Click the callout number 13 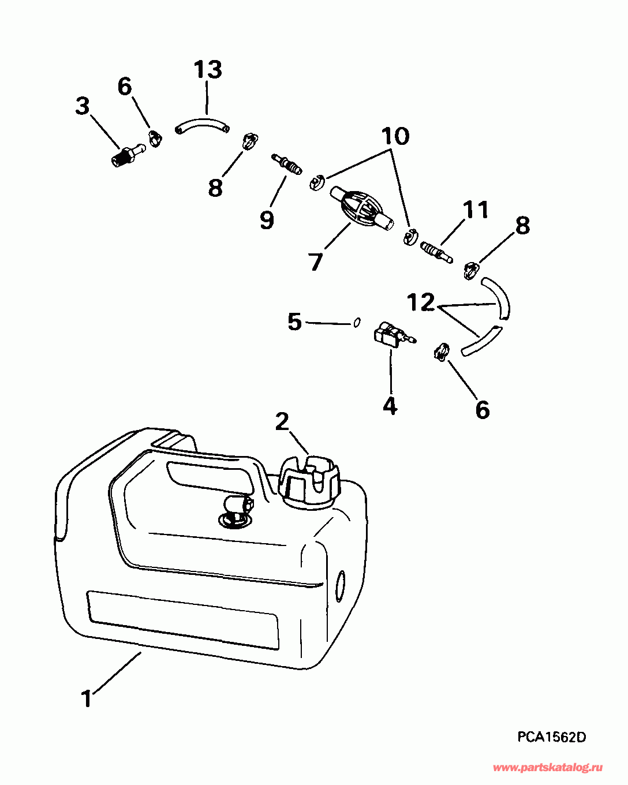pyautogui.click(x=207, y=70)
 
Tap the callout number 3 pyautogui.click(x=83, y=106)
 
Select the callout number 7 pyautogui.click(x=315, y=262)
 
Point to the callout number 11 pyautogui.click(x=476, y=210)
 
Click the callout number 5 pyautogui.click(x=295, y=322)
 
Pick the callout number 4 pyautogui.click(x=390, y=406)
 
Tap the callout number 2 pyautogui.click(x=282, y=422)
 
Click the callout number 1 pyautogui.click(x=87, y=699)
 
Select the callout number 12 pyautogui.click(x=421, y=302)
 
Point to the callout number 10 pyautogui.click(x=395, y=137)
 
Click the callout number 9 pyautogui.click(x=266, y=220)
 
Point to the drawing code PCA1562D pyautogui.click(x=551, y=737)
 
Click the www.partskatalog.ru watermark pyautogui.click(x=548, y=767)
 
